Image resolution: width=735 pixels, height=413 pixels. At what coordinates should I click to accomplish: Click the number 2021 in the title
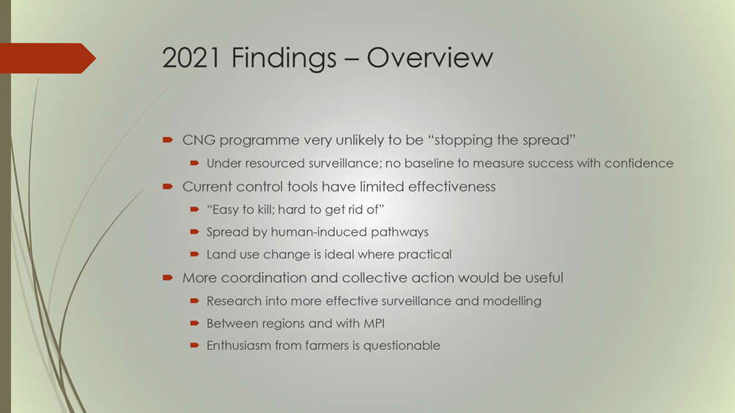click(x=191, y=58)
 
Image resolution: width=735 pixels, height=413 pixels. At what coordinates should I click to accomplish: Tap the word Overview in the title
click(x=430, y=58)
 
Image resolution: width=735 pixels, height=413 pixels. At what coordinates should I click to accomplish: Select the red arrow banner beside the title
click(x=48, y=58)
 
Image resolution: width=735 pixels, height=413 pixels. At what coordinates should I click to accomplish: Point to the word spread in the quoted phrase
click(x=548, y=141)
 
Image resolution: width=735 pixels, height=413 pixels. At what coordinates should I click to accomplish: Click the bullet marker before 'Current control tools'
click(x=168, y=187)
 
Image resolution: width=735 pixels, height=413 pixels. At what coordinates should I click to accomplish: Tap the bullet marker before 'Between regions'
click(x=194, y=323)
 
